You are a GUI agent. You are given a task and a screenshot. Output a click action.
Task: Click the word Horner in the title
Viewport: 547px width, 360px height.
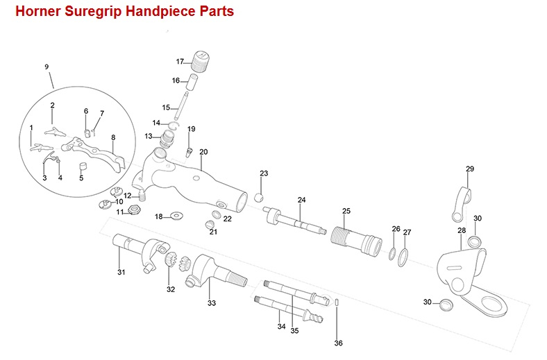tap(35, 12)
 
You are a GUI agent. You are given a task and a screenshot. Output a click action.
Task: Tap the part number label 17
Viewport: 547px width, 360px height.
tap(180, 61)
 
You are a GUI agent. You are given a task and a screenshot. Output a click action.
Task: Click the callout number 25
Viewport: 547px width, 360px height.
tap(346, 211)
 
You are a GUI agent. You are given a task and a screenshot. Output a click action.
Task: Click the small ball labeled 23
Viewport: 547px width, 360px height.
tap(258, 197)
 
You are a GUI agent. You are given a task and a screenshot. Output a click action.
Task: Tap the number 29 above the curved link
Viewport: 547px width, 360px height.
tap(470, 169)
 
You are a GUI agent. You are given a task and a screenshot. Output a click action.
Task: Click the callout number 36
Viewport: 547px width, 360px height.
tap(338, 343)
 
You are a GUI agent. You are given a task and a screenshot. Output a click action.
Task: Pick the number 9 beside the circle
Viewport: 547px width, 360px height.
tap(47, 67)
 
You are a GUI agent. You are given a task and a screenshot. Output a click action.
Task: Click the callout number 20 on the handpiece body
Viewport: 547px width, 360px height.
tap(203, 151)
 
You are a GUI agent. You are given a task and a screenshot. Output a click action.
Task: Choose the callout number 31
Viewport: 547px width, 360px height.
tap(121, 272)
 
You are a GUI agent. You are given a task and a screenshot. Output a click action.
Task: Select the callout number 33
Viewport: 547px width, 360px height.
tap(212, 303)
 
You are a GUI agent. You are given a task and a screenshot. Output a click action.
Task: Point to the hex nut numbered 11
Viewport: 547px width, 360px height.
tap(136, 211)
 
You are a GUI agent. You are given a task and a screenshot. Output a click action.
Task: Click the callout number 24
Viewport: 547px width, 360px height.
tap(301, 200)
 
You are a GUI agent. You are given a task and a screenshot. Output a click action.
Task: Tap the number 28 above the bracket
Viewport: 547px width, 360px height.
tap(462, 230)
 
